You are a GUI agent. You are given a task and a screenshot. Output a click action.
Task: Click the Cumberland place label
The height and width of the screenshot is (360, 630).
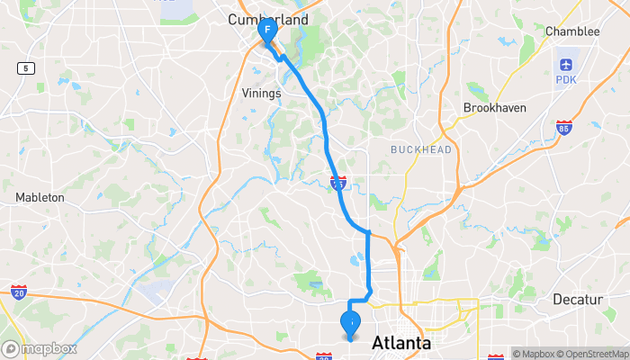[268, 19]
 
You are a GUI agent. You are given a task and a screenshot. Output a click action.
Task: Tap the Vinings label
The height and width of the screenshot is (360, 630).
[262, 93]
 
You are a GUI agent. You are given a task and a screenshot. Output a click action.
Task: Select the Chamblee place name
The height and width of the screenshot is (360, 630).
[572, 31]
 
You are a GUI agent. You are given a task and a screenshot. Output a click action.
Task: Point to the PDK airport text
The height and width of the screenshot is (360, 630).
[565, 81]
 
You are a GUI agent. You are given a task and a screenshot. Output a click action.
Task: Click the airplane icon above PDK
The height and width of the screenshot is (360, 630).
[565, 65]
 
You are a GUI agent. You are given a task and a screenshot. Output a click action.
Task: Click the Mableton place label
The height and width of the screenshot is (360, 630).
[40, 197]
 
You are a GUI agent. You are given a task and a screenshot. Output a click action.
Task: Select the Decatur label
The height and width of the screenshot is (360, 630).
[576, 299]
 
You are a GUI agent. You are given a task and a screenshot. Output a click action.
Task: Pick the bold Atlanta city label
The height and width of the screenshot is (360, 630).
[401, 343]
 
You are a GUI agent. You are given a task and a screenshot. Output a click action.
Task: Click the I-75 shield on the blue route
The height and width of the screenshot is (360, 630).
[338, 183]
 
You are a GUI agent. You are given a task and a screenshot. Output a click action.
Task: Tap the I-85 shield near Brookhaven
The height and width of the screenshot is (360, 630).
[563, 128]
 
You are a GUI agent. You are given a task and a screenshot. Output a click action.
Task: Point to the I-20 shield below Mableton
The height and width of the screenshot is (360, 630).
[19, 292]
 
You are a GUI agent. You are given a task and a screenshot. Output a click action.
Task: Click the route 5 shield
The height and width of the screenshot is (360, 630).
[29, 68]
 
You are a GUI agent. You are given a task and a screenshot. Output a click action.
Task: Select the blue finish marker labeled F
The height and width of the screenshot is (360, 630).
[267, 30]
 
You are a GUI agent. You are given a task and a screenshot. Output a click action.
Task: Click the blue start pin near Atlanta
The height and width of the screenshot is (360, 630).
[350, 321]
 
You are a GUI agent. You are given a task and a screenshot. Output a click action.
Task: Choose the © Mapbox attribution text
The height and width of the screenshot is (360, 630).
[535, 354]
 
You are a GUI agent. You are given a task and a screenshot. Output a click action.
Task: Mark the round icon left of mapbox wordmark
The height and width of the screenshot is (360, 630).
[12, 348]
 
